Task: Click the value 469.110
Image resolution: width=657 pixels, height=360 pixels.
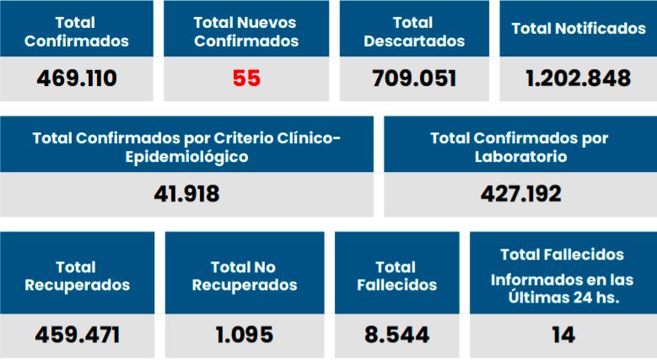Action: click(x=77, y=79)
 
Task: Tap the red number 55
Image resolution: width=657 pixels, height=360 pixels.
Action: click(x=246, y=79)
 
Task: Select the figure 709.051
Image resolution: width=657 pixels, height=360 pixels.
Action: click(x=414, y=79)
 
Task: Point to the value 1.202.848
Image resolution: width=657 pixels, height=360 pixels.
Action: click(x=578, y=79)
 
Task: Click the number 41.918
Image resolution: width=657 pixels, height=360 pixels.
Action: click(x=186, y=195)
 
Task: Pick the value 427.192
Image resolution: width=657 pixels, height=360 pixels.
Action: click(x=520, y=195)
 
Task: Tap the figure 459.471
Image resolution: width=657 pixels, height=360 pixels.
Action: click(x=77, y=335)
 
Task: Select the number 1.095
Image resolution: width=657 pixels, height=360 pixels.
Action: click(x=245, y=335)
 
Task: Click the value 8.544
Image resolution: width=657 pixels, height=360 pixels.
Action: click(x=396, y=335)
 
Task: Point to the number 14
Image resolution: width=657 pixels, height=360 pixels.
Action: click(x=563, y=335)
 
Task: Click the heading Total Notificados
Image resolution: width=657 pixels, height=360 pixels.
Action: click(x=578, y=29)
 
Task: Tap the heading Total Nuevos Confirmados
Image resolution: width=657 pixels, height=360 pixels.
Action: click(x=246, y=31)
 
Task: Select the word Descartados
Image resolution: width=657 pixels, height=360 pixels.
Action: click(x=414, y=40)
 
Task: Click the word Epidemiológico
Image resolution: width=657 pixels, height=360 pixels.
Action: click(x=186, y=157)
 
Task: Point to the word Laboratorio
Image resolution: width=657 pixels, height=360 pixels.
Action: click(x=520, y=157)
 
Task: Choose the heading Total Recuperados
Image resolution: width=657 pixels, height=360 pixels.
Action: click(x=77, y=276)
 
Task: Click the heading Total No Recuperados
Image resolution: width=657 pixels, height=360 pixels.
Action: click(x=245, y=276)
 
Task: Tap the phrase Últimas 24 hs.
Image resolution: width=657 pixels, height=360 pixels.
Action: click(x=563, y=297)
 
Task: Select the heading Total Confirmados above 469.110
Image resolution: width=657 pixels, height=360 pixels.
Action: click(x=77, y=31)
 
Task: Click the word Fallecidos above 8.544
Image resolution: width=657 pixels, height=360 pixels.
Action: click(x=396, y=285)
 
